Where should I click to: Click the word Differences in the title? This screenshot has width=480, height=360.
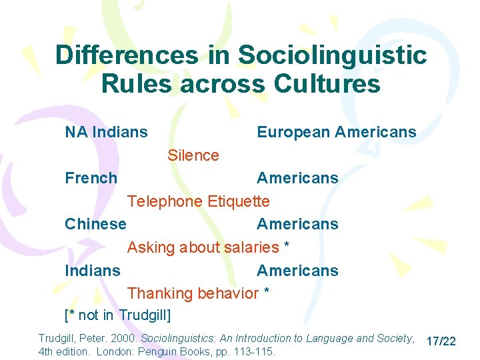pyautogui.click(x=127, y=55)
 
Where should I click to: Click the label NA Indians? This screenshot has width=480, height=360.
pyautogui.click(x=106, y=132)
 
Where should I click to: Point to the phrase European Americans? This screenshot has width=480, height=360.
pyautogui.click(x=336, y=132)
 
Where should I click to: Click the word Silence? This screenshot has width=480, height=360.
pyautogui.click(x=193, y=155)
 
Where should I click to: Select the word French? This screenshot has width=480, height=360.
pyautogui.click(x=91, y=178)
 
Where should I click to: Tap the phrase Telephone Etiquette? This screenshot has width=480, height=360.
pyautogui.click(x=199, y=201)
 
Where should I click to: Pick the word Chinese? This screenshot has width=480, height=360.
pyautogui.click(x=95, y=224)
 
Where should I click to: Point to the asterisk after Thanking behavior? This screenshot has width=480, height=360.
pyautogui.click(x=266, y=292)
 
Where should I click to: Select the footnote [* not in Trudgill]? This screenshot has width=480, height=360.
pyautogui.click(x=118, y=314)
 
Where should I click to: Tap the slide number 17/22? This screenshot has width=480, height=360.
pyautogui.click(x=441, y=341)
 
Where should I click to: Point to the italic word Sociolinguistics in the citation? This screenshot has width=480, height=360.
pyautogui.click(x=183, y=339)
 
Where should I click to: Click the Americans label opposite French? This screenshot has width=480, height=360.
pyautogui.click(x=297, y=178)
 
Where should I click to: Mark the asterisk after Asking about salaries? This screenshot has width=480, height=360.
pyautogui.click(x=286, y=246)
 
